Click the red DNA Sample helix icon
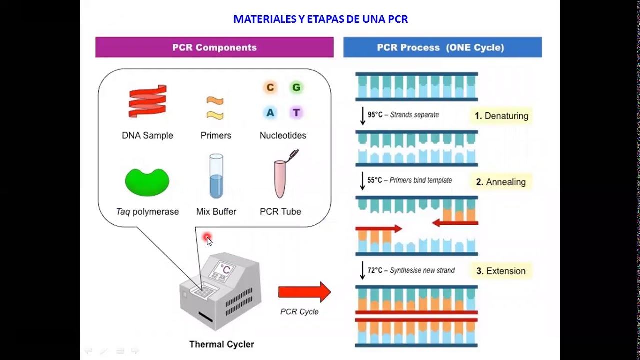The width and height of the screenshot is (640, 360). click(x=147, y=101)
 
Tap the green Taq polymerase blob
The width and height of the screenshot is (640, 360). click(x=147, y=181)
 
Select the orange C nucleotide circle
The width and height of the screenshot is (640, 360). click(x=270, y=88)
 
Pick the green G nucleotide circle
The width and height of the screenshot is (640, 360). click(x=296, y=88)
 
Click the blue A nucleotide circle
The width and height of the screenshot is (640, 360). click(x=270, y=113)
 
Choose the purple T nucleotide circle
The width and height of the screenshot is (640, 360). click(x=296, y=113)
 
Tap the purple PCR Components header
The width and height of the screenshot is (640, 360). click(x=214, y=47)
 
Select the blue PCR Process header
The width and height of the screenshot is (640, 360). click(x=442, y=47)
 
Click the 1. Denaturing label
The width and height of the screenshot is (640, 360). click(x=501, y=116)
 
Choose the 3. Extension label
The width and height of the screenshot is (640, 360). click(x=501, y=271)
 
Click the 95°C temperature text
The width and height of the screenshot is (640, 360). click(x=375, y=115)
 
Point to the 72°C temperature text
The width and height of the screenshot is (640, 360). click(x=375, y=270)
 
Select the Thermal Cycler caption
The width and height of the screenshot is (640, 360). click(x=222, y=344)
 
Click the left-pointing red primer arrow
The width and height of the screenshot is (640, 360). click(x=455, y=223)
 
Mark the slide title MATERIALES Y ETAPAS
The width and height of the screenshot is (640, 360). click(x=320, y=19)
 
